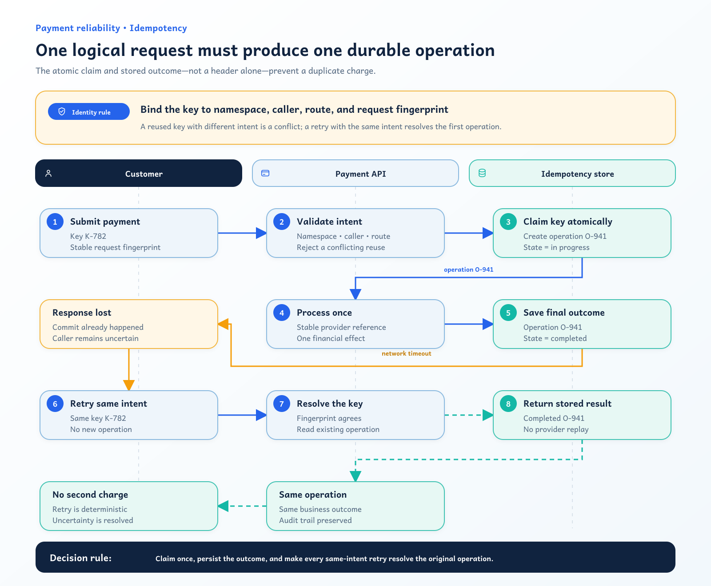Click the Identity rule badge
(89, 111)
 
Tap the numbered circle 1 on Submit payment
(55, 222)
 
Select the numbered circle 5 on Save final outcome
(508, 313)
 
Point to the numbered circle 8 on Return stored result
(508, 404)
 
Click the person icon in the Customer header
(49, 173)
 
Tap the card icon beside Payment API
(265, 173)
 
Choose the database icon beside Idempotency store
(482, 173)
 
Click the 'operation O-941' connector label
(468, 269)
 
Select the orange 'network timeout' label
(406, 353)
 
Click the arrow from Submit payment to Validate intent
(242, 233)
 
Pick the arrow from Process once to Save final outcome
(469, 324)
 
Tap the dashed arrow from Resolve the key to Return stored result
(469, 415)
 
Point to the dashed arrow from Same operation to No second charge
(242, 506)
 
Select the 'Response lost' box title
(82, 313)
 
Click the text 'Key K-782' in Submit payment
(88, 236)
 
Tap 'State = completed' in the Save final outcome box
(555, 338)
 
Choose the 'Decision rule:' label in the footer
(80, 558)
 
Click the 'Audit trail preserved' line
(315, 520)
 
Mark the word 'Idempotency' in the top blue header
(158, 28)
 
